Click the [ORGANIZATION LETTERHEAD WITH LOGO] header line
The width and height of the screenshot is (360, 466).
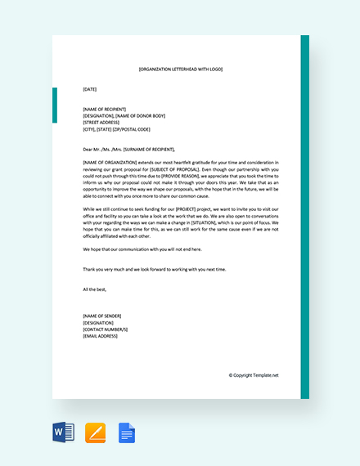coord(180,69)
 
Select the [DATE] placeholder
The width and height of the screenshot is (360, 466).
coord(90,88)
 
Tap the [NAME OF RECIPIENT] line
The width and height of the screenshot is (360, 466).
coord(106,109)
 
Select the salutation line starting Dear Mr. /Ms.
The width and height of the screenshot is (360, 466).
coord(129,150)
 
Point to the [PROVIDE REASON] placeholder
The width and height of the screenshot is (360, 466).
coord(179,176)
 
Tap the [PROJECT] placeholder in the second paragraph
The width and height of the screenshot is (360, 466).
coord(180,209)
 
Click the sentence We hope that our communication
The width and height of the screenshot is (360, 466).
coord(142,249)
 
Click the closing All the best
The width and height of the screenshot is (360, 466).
coord(95,289)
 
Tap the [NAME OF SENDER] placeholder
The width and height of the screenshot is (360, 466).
coord(103,316)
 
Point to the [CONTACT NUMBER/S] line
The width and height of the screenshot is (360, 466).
coord(107,329)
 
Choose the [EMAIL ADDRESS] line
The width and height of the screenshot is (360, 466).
coord(101,335)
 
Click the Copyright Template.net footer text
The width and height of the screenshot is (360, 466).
coord(254,375)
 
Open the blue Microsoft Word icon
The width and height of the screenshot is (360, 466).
coord(64,432)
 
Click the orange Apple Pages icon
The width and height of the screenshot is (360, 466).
coord(96,432)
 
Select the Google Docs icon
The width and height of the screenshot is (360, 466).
coord(127,432)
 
